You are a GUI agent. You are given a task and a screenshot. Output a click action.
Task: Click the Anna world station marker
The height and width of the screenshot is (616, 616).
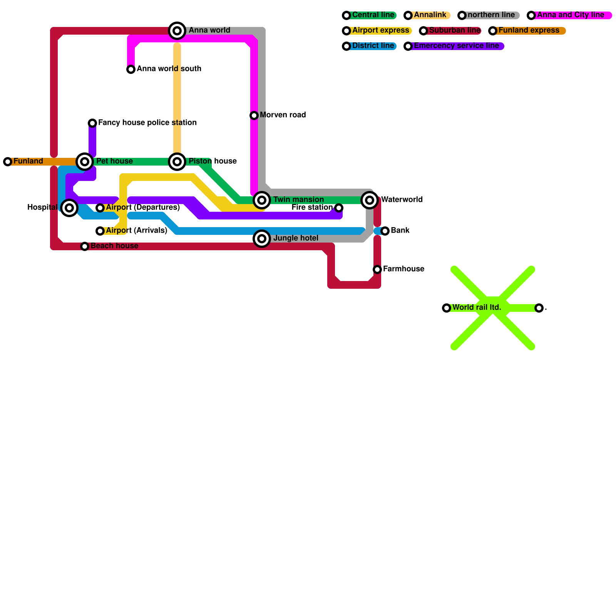coord(177,31)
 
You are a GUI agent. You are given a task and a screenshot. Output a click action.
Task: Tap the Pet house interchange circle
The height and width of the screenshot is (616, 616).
coord(85,162)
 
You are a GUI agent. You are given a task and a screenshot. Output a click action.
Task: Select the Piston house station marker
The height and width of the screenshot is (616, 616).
coord(177,162)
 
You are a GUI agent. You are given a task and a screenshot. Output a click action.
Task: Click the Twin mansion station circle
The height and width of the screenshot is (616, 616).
coord(262,200)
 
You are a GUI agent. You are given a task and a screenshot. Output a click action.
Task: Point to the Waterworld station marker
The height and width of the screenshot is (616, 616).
coord(370,200)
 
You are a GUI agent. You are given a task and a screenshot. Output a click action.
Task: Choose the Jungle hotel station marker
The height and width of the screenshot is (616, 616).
coord(262,239)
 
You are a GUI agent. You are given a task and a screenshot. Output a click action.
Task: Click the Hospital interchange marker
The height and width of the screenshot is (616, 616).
coord(69,208)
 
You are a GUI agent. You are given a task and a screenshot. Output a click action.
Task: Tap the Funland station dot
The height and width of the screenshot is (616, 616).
coord(8,162)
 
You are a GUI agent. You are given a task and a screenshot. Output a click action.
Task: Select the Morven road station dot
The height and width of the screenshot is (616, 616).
coord(254,115)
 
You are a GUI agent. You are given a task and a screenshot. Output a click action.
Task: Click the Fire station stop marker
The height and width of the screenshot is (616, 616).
coord(339,208)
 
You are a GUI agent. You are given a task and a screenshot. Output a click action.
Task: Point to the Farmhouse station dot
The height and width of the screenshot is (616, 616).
coord(377,269)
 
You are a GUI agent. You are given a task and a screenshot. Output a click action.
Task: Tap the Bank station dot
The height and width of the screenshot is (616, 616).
coord(385,231)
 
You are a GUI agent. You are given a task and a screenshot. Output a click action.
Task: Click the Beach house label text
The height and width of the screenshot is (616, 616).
coord(114,246)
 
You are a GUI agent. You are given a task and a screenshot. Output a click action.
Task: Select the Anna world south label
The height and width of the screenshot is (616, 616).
coord(169,69)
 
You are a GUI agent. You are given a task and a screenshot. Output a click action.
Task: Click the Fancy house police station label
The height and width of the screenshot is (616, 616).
coord(147,123)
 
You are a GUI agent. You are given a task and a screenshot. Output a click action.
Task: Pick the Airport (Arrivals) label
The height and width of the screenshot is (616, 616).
coord(137,231)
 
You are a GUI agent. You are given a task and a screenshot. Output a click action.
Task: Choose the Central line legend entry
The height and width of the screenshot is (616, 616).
coord(370,15)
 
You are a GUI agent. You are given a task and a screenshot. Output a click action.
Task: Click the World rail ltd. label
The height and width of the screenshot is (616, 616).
coord(477,308)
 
